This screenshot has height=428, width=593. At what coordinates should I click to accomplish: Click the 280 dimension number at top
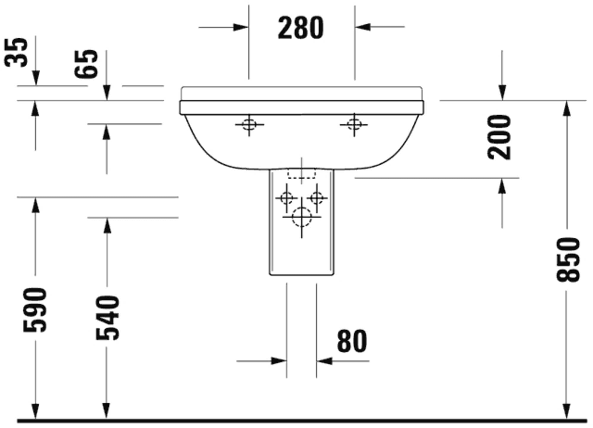pyautogui.click(x=300, y=28)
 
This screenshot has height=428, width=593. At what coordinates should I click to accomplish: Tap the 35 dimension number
pyautogui.click(x=16, y=52)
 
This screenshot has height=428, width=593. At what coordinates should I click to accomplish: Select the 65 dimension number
pyautogui.click(x=86, y=64)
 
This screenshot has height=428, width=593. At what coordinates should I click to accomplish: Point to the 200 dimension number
pyautogui.click(x=499, y=138)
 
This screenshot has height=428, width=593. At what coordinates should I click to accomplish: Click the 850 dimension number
pyautogui.click(x=568, y=259)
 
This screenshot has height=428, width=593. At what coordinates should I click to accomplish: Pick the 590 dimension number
pyautogui.click(x=35, y=310)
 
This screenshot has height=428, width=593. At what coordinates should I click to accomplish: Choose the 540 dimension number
pyautogui.click(x=108, y=318)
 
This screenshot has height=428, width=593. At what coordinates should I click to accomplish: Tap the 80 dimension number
pyautogui.click(x=352, y=341)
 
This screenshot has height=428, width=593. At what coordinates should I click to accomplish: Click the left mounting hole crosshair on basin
pyautogui.click(x=249, y=124)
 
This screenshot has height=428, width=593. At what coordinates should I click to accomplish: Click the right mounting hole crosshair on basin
pyautogui.click(x=354, y=124)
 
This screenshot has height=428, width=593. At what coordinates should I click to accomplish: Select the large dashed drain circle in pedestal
pyautogui.click(x=302, y=217)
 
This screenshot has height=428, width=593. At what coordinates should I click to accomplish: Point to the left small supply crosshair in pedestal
pyautogui.click(x=286, y=198)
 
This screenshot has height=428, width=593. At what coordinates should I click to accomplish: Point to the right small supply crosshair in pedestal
pyautogui.click(x=317, y=198)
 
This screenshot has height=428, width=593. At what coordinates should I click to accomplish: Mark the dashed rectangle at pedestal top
pyautogui.click(x=302, y=173)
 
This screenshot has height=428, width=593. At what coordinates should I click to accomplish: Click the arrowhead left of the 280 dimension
pyautogui.click(x=240, y=27)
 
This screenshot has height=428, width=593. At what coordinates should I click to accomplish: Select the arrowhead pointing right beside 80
pyautogui.click(x=279, y=361)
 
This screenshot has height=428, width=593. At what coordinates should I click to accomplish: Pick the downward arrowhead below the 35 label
pyautogui.click(x=36, y=79)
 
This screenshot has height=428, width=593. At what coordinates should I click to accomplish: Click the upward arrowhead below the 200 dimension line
pyautogui.click(x=502, y=186)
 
